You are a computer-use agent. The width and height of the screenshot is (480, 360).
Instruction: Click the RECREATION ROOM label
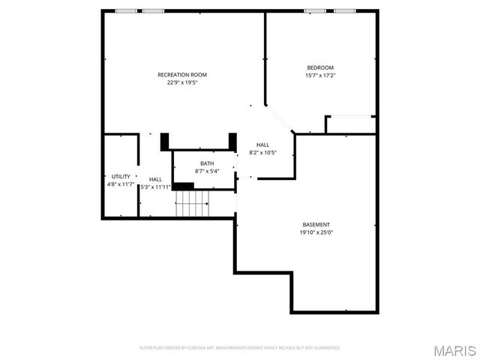[182, 74]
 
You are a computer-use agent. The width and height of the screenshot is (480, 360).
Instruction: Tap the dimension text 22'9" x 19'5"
[182, 82]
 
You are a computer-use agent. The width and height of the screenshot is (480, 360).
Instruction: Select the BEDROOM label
[320, 67]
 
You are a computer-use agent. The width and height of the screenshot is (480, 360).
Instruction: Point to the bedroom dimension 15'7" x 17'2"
[320, 76]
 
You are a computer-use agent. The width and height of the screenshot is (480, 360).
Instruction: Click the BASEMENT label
[316, 224]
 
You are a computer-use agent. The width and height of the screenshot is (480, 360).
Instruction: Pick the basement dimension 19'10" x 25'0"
[316, 232]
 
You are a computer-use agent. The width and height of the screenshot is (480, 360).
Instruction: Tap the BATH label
[206, 163]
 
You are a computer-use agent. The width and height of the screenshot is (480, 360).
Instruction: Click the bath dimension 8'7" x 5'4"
[206, 172]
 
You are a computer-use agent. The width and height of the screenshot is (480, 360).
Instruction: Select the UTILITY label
[121, 176]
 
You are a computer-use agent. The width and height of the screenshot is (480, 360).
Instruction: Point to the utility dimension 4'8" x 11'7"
[121, 184]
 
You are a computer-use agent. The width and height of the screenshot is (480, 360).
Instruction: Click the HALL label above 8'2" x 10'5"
[263, 145]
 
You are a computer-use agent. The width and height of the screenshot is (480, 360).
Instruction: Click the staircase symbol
[193, 203]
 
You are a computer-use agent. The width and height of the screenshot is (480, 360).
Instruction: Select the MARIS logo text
[454, 350]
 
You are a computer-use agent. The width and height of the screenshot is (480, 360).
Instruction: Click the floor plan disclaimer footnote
[240, 348]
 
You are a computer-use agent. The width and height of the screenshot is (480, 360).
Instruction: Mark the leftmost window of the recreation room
[127, 11]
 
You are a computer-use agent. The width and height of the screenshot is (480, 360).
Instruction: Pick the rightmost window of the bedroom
[344, 11]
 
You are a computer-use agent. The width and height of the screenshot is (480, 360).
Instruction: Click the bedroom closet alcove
[350, 124]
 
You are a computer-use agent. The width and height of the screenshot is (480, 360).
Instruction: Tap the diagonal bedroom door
[282, 119]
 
